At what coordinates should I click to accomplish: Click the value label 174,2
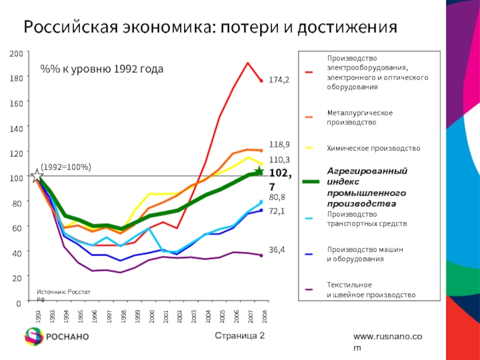coord(279,79)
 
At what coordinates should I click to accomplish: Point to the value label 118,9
coord(279,145)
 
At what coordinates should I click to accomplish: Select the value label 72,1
coord(276,211)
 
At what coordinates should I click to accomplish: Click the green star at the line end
coord(259,172)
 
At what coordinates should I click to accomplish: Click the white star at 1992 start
coord(37,176)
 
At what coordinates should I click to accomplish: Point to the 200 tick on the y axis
coord(16,54)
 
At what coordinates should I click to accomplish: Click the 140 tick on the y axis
coord(16,128)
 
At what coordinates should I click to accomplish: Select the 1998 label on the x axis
coord(123,317)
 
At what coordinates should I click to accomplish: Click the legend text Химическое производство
coord(373,148)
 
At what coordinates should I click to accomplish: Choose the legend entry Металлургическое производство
coord(360,118)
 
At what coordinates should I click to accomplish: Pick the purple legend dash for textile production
coord(308,289)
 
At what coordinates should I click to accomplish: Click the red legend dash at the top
coord(308,73)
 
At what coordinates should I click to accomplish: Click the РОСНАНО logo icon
coord(33,337)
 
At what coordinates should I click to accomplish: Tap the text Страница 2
coord(239,335)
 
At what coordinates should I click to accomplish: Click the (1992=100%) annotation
coord(66,166)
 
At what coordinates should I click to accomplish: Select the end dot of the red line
coord(261,81)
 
